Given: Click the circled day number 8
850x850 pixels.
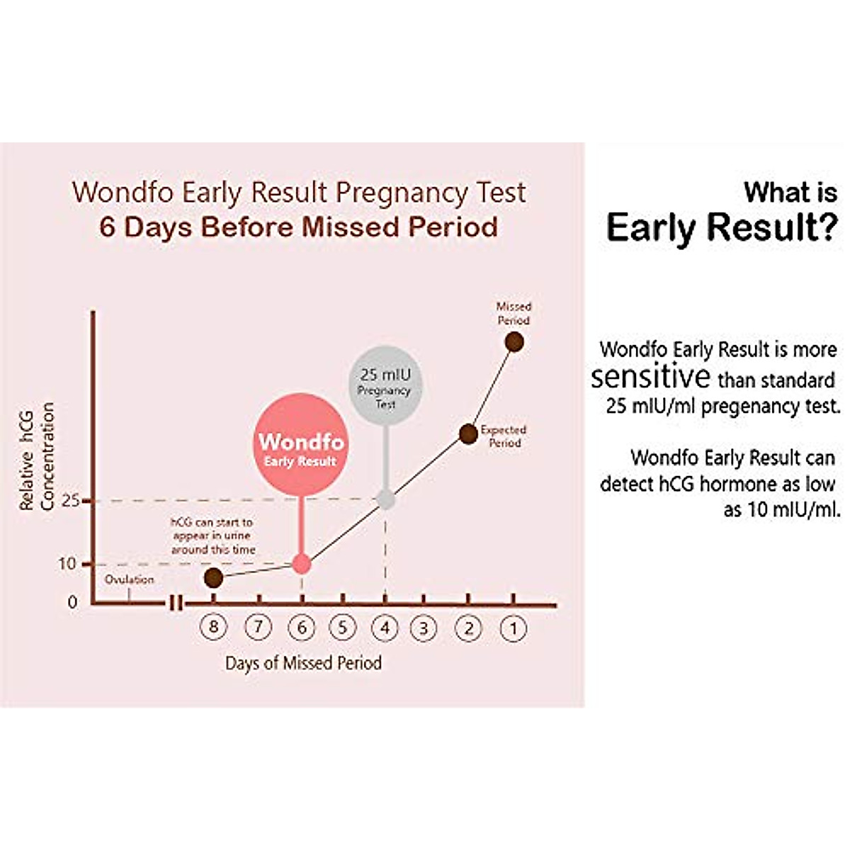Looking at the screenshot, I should coord(213,627).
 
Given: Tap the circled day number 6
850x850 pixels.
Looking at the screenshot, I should coord(302,628).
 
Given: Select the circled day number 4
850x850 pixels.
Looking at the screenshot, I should coord(385,628).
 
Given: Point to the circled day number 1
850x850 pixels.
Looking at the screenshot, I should coord(514,628).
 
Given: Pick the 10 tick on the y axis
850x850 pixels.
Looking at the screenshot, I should coord(68,565).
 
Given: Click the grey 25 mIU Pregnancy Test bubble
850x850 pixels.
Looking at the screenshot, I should coord(385,385).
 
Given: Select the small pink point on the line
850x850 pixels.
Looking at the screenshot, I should coord(302,565).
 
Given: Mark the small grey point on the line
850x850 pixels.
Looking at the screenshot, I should coord(385,500).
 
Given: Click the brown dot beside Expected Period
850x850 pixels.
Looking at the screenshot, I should coord(468,434).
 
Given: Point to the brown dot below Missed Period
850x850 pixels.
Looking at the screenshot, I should coord(514,342).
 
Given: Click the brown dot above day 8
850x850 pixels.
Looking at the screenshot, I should coord(213,578).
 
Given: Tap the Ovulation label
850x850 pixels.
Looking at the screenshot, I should coord(129,579).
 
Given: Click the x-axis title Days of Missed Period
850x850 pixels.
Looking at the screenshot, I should coord(303,664).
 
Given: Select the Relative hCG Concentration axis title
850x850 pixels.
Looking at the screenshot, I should coord(37,457).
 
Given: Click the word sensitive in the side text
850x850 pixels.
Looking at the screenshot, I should coord(650,377).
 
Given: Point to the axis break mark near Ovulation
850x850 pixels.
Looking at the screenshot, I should coord(176,603).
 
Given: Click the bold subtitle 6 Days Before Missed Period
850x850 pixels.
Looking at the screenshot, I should coord(298,227).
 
